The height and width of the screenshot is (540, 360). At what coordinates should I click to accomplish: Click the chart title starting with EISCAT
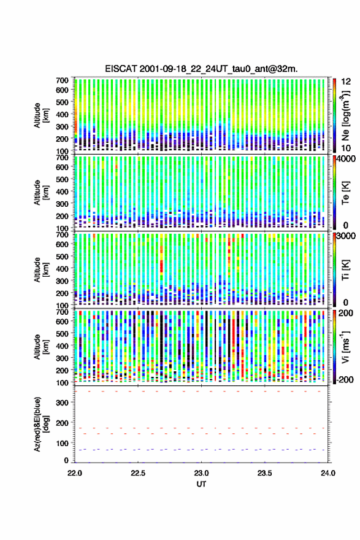201,69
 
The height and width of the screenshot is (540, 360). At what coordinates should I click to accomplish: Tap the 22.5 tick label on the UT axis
138,473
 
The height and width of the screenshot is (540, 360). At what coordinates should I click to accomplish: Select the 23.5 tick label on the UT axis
265,473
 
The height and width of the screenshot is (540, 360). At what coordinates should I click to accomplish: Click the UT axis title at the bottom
201,484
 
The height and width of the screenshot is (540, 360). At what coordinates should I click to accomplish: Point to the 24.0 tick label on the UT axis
328,473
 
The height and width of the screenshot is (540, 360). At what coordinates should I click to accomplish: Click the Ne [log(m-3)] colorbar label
345,115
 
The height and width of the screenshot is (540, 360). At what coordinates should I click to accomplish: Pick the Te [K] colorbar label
345,193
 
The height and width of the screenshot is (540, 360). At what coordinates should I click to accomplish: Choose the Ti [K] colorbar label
345,270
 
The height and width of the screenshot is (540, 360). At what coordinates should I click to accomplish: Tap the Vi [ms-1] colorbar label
345,347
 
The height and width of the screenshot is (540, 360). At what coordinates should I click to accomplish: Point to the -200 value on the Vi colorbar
345,379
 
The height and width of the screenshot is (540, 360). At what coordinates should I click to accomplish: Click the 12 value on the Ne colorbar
347,82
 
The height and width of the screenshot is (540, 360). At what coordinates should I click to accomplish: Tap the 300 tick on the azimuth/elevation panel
63,403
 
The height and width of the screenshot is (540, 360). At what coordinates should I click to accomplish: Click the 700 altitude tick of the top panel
63,80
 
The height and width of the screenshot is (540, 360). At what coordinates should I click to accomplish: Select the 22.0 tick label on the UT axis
75,473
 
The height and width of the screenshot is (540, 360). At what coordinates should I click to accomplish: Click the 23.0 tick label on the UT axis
201,473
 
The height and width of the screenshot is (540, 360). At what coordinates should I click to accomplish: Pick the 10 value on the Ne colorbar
347,148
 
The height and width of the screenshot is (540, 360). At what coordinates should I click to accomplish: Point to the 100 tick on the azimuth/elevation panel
63,443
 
